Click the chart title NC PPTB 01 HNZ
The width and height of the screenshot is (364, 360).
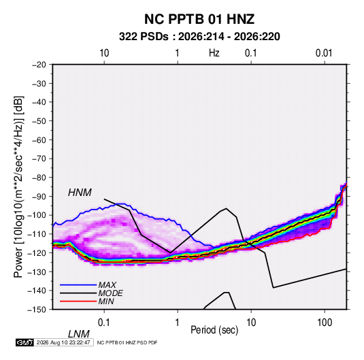pyautogui.click(x=199, y=19)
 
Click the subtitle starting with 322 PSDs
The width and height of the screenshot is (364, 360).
pyautogui.click(x=199, y=37)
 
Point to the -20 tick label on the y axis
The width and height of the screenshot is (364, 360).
pyautogui.click(x=39, y=65)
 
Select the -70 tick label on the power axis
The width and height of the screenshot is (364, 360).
pyautogui.click(x=39, y=159)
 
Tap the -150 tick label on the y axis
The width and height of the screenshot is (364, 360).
pyautogui.click(x=37, y=310)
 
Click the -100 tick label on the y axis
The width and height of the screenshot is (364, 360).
pyautogui.click(x=37, y=215)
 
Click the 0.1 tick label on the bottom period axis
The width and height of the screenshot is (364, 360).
pyautogui.click(x=104, y=323)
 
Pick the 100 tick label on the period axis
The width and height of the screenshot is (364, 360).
pyautogui.click(x=325, y=323)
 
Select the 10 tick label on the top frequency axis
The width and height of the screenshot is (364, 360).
pyautogui.click(x=104, y=53)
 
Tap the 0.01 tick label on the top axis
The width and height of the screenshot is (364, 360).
pyautogui.click(x=324, y=53)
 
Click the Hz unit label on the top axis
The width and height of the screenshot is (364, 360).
pyautogui.click(x=214, y=53)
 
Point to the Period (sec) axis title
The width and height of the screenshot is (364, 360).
pyautogui.click(x=214, y=329)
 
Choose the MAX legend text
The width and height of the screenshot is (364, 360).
pyautogui.click(x=107, y=284)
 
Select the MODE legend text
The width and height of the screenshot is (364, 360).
pyautogui.click(x=110, y=293)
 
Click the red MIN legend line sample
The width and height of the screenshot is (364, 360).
pyautogui.click(x=78, y=301)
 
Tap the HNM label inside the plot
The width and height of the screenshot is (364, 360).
pyautogui.click(x=80, y=193)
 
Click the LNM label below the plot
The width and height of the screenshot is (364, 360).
pyautogui.click(x=79, y=334)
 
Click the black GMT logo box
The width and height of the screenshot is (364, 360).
pyautogui.click(x=25, y=342)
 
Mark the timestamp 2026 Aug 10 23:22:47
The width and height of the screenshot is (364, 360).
pyautogui.click(x=63, y=342)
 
